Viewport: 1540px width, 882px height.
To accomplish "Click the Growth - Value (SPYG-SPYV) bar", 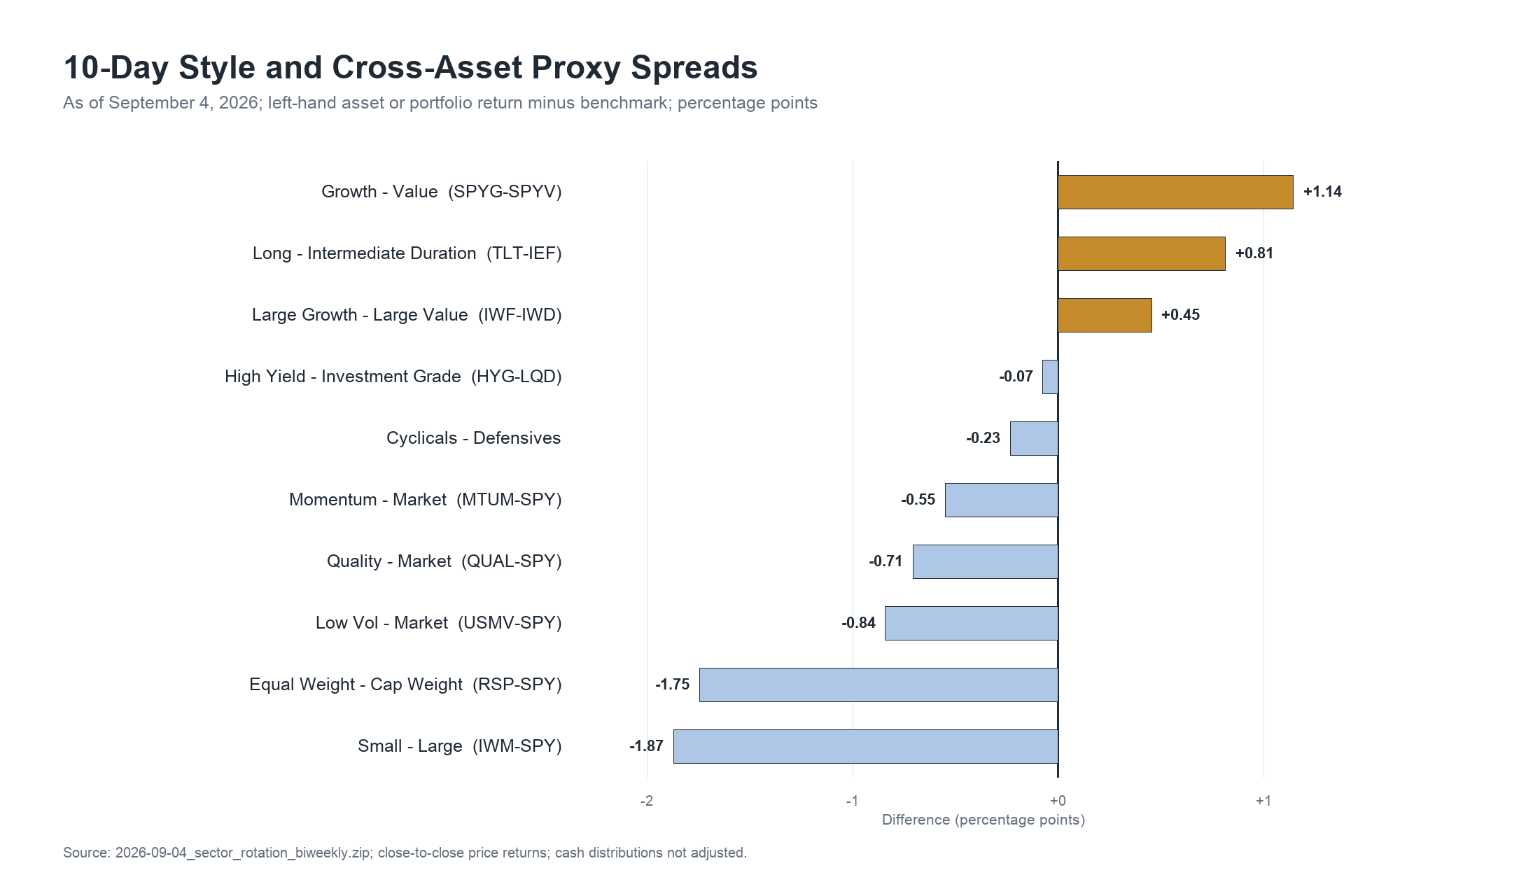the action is (1175, 192).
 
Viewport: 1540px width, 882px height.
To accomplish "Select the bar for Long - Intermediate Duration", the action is (1142, 253).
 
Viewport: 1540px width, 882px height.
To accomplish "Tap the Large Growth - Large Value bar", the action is (1105, 315).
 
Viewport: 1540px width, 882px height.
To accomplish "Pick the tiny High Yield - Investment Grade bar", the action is (1050, 377).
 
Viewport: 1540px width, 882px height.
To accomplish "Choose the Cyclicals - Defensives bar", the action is (1034, 438).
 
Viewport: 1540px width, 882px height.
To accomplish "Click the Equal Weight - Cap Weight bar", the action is (878, 685).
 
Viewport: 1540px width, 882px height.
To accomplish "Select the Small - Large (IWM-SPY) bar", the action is (866, 746).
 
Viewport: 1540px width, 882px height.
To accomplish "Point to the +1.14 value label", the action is (1322, 192).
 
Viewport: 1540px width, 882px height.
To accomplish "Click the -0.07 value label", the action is (1016, 377).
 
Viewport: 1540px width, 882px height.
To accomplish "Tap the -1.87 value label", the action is (646, 746).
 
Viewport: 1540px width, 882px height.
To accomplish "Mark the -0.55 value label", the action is (918, 500).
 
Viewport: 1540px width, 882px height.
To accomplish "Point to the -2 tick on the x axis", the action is (647, 801).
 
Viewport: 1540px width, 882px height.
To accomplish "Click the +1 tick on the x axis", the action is (1263, 801).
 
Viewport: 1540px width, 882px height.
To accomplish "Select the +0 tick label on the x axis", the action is (1058, 801).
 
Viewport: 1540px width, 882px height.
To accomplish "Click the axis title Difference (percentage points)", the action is (983, 820).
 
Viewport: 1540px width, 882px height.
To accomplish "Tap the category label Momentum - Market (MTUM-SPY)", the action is (426, 500).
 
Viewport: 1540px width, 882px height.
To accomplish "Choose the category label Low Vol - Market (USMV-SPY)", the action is (439, 623).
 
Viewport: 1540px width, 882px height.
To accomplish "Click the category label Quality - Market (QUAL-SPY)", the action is (444, 561).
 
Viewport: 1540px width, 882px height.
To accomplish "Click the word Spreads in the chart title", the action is (694, 69).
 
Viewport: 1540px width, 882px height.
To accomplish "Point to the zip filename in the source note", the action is (244, 853).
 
